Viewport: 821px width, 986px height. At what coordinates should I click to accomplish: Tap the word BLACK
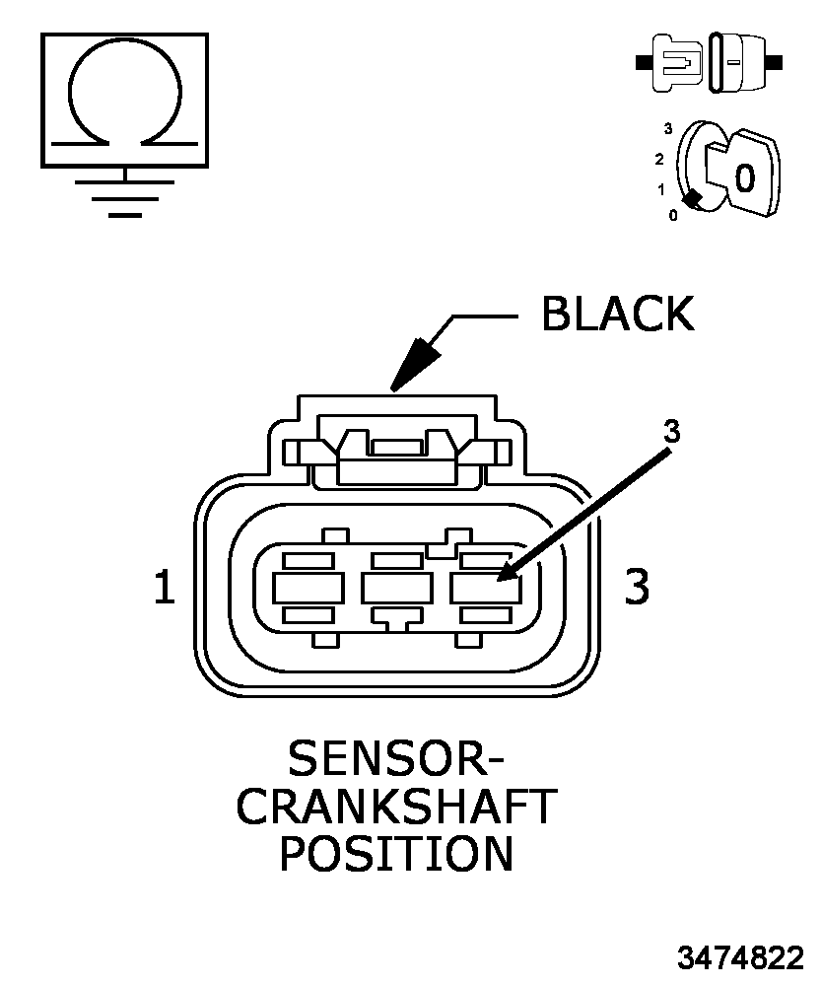click(x=619, y=314)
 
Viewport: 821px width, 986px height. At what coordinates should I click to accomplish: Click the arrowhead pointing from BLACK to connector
click(x=413, y=366)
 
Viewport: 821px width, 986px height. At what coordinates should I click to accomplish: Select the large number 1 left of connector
click(x=164, y=587)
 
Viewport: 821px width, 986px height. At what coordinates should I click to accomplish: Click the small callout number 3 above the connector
click(x=672, y=432)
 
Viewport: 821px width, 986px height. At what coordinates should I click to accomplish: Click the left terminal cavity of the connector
click(x=308, y=588)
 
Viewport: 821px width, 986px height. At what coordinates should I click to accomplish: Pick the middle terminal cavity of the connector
click(x=396, y=588)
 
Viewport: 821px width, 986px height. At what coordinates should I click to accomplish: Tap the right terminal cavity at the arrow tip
click(x=485, y=589)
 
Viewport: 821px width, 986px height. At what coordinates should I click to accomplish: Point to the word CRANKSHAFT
click(x=396, y=807)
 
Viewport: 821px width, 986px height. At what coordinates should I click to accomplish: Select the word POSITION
click(x=396, y=853)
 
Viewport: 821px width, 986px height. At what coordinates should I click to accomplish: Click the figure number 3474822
click(x=740, y=957)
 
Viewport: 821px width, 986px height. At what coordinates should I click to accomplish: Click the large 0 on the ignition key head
click(x=745, y=177)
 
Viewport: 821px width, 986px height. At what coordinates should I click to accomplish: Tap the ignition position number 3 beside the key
click(x=668, y=129)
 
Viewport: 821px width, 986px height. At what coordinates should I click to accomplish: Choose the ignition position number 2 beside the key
click(x=659, y=159)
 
